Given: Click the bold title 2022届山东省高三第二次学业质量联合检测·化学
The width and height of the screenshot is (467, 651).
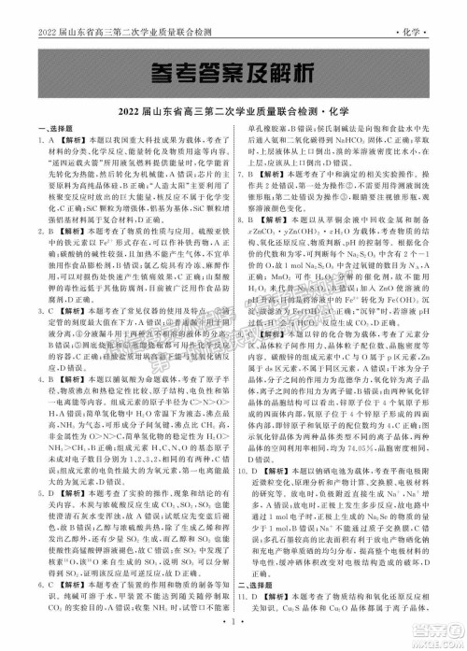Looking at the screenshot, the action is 233,113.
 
